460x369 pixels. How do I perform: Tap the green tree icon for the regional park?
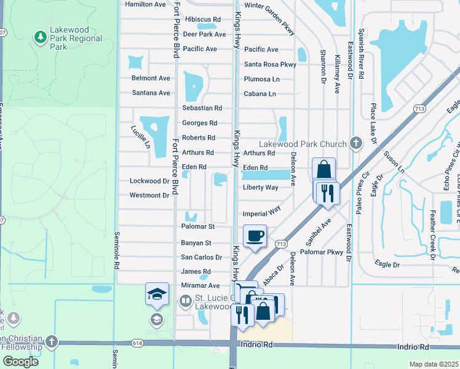(x=41, y=38)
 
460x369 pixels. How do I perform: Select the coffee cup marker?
(x=255, y=236)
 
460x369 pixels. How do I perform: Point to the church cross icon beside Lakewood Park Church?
(x=355, y=143)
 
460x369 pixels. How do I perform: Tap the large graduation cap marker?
(x=157, y=295)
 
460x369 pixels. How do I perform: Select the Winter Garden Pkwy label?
(x=269, y=5)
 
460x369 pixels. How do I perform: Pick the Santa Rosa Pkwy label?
(x=270, y=64)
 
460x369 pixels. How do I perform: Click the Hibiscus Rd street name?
(x=198, y=20)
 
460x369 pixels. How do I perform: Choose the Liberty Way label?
(x=261, y=188)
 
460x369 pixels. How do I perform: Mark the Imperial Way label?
(x=262, y=210)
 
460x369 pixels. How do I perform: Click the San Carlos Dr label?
(x=197, y=257)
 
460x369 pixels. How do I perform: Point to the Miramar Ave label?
(x=200, y=286)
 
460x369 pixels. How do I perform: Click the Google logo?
(x=20, y=361)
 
